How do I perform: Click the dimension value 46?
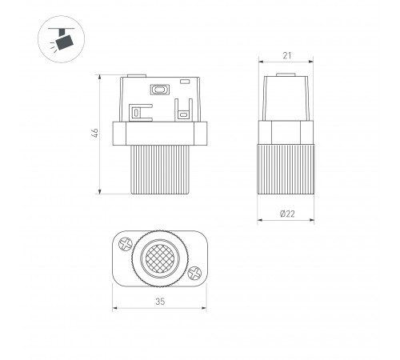95,133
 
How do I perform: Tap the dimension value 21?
287,55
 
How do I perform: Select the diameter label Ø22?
287,214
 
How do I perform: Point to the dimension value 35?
160,302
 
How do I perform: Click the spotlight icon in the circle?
62,39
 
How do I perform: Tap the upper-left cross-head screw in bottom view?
126,244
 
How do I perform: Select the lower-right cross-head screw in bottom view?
194,274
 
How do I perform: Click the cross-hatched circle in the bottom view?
160,258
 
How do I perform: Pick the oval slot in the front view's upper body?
160,90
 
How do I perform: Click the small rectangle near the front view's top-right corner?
185,81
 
